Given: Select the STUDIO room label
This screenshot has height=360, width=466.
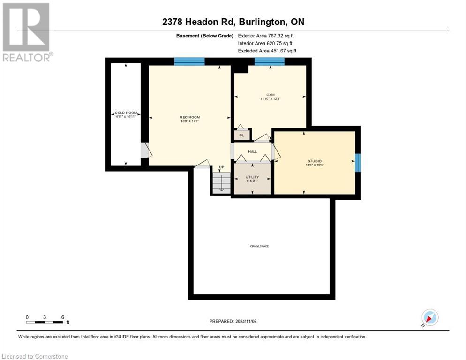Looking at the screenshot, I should pyautogui.click(x=314, y=161).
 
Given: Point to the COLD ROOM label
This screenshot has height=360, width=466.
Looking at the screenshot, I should pyautogui.click(x=126, y=113).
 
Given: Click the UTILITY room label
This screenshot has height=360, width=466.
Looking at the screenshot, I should pyautogui.click(x=252, y=177).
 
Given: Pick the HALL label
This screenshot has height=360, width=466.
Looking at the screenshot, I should pyautogui.click(x=252, y=151).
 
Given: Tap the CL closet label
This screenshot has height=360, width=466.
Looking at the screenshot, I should pyautogui.click(x=242, y=135).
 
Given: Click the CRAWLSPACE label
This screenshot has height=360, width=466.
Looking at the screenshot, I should pyautogui.click(x=259, y=246).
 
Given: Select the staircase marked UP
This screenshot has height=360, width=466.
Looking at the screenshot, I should pyautogui.click(x=221, y=181).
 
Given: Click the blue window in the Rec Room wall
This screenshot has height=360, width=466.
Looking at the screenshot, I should pyautogui.click(x=189, y=61).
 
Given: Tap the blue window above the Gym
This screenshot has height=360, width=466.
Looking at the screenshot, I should pyautogui.click(x=270, y=61).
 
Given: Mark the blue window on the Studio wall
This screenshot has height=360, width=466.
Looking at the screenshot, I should pyautogui.click(x=358, y=162).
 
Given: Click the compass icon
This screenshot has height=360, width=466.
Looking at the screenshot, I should pyautogui.click(x=429, y=317).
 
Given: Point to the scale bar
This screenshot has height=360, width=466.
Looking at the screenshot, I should pyautogui.click(x=45, y=321).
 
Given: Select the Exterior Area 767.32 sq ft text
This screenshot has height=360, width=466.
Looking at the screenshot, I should pyautogui.click(x=266, y=36).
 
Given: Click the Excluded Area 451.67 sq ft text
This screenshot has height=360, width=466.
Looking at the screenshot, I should pyautogui.click(x=267, y=51).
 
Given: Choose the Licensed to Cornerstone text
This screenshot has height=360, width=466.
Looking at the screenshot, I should pyautogui.click(x=35, y=356).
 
